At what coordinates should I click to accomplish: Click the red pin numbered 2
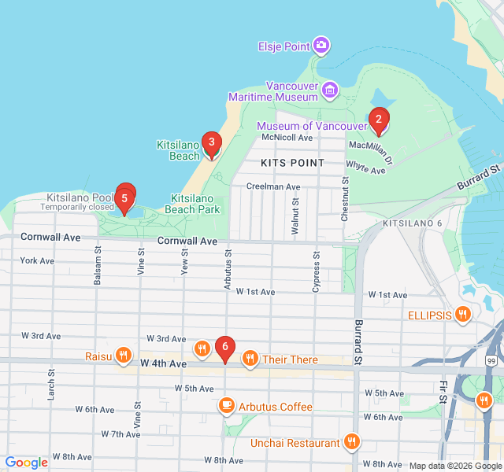click(379, 120)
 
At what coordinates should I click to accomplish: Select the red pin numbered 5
click(124, 197)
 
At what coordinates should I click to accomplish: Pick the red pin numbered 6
click(225, 347)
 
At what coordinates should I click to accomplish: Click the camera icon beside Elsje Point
click(321, 46)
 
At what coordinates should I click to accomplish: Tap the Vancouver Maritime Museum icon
click(330, 91)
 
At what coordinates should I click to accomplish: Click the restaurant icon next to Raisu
click(123, 356)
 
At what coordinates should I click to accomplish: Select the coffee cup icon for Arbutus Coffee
click(226, 406)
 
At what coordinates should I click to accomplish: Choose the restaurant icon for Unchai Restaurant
click(352, 443)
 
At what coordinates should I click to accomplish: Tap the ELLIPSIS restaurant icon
click(463, 315)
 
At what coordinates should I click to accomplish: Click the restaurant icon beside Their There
click(250, 360)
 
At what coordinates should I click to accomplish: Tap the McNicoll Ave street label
click(287, 138)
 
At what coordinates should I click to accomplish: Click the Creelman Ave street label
click(273, 186)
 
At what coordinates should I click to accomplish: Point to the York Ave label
click(37, 260)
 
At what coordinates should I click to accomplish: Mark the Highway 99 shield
click(491, 360)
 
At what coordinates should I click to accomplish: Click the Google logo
click(26, 463)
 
